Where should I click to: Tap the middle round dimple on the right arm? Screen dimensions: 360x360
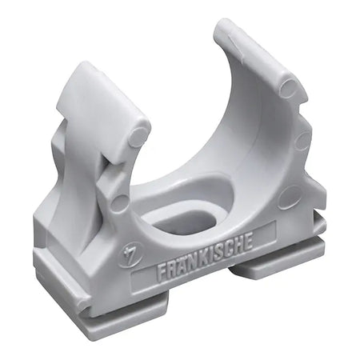click(303, 140)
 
